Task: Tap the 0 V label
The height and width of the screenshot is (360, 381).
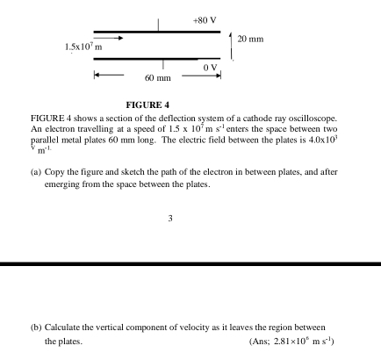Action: tap(209, 67)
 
